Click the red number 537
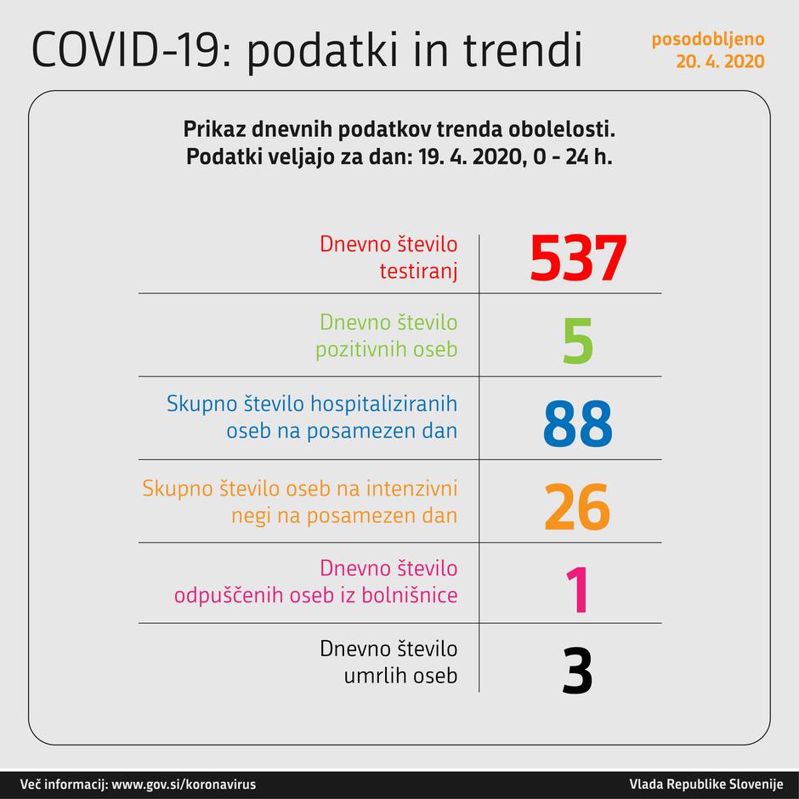coord(578,258)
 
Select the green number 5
coord(577,341)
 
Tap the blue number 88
coord(577,424)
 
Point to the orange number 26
coord(577,507)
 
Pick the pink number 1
coord(577,590)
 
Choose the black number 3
coord(577,671)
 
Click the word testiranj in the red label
coord(418,272)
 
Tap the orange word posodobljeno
coord(707,40)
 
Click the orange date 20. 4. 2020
coord(720,61)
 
